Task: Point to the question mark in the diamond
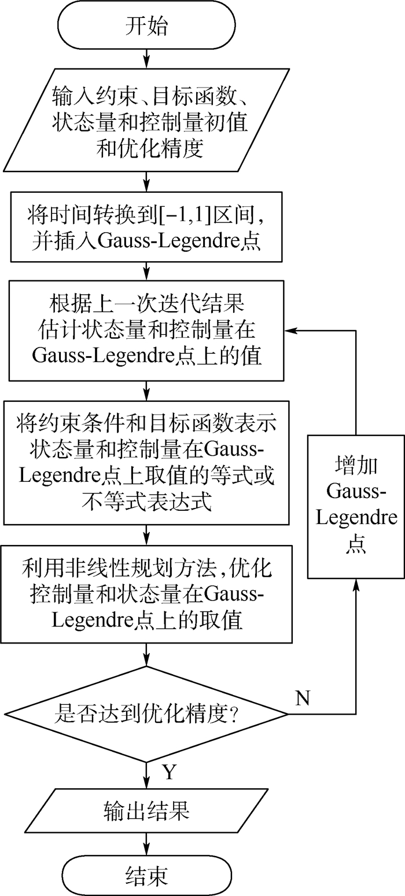click(x=234, y=714)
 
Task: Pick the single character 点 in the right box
click(x=356, y=545)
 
